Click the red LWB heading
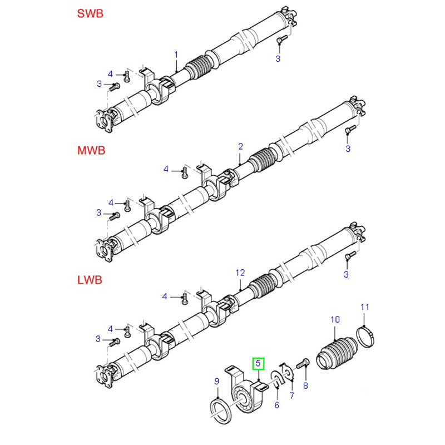[90, 280]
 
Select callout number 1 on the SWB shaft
[176, 55]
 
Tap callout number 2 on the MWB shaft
[241, 146]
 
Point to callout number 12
[240, 273]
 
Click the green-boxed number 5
[259, 364]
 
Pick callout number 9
[217, 381]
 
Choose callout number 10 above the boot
[334, 319]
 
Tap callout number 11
[365, 307]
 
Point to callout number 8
[305, 385]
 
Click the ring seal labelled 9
[221, 412]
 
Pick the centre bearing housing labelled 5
[245, 392]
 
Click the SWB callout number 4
[110, 74]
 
